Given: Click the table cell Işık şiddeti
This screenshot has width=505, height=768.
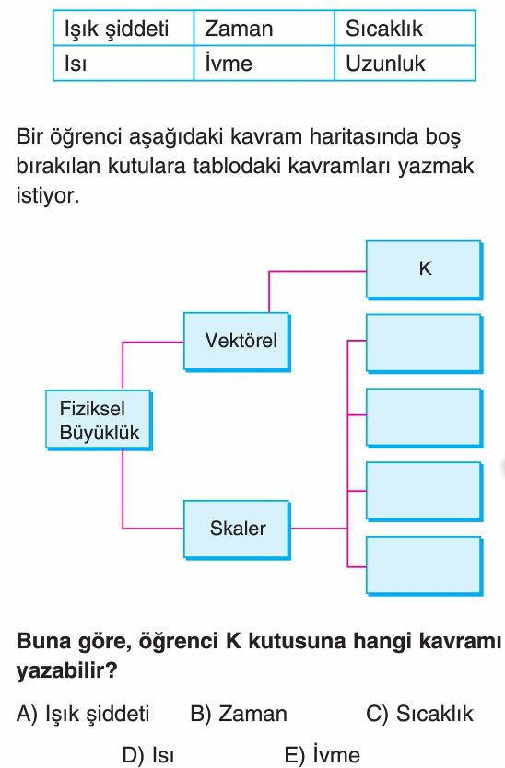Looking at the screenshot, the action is [123, 29].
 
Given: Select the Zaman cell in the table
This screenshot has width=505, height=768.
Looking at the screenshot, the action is [264, 29].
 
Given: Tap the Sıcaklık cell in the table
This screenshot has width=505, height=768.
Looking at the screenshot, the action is [405, 29].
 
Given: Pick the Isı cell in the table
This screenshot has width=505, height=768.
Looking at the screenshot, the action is [123, 64].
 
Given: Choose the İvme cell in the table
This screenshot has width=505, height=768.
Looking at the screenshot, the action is [264, 64].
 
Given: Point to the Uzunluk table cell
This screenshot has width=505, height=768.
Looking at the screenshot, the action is [405, 64].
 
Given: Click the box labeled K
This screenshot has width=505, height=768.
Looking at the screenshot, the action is [424, 270].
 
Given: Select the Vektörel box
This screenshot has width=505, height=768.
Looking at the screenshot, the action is [238, 342].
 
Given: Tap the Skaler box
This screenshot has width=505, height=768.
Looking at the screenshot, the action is [238, 529].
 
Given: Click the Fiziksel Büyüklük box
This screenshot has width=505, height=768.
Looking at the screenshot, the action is [99, 420].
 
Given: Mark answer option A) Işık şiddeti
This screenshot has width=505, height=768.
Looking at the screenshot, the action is [83, 714].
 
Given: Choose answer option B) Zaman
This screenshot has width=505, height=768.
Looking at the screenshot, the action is [239, 714].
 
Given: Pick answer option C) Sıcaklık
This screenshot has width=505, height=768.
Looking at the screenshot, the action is [419, 714].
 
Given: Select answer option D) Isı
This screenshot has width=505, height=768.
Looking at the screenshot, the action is [148, 755].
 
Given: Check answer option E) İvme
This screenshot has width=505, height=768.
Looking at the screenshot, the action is [323, 755].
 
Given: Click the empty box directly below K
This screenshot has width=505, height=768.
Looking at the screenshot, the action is [424, 343].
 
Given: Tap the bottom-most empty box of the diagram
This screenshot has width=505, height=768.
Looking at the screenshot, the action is [424, 566].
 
